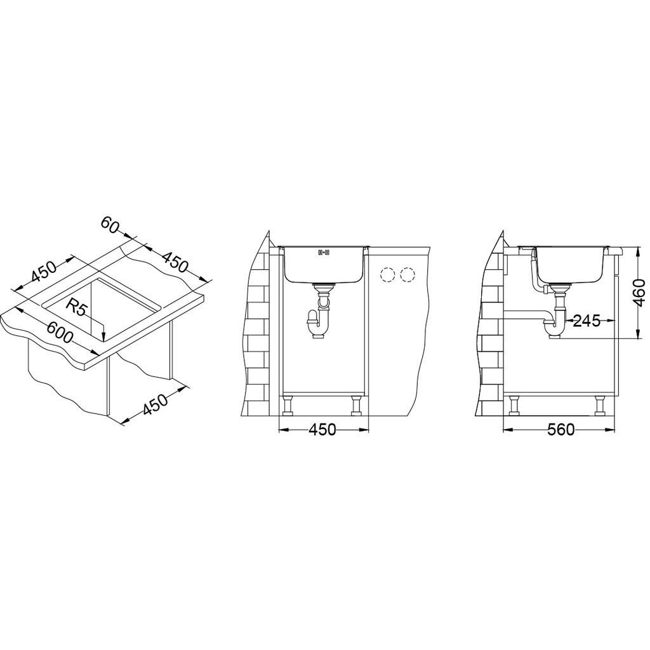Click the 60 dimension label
click(110, 225)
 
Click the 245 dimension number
click(587, 321)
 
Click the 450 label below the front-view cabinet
click(322, 430)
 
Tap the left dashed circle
click(386, 275)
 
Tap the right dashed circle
click(407, 275)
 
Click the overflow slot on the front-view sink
click(323, 253)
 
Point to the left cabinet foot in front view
click(289, 405)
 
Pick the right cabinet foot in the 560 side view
click(599, 405)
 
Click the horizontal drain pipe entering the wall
click(524, 313)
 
